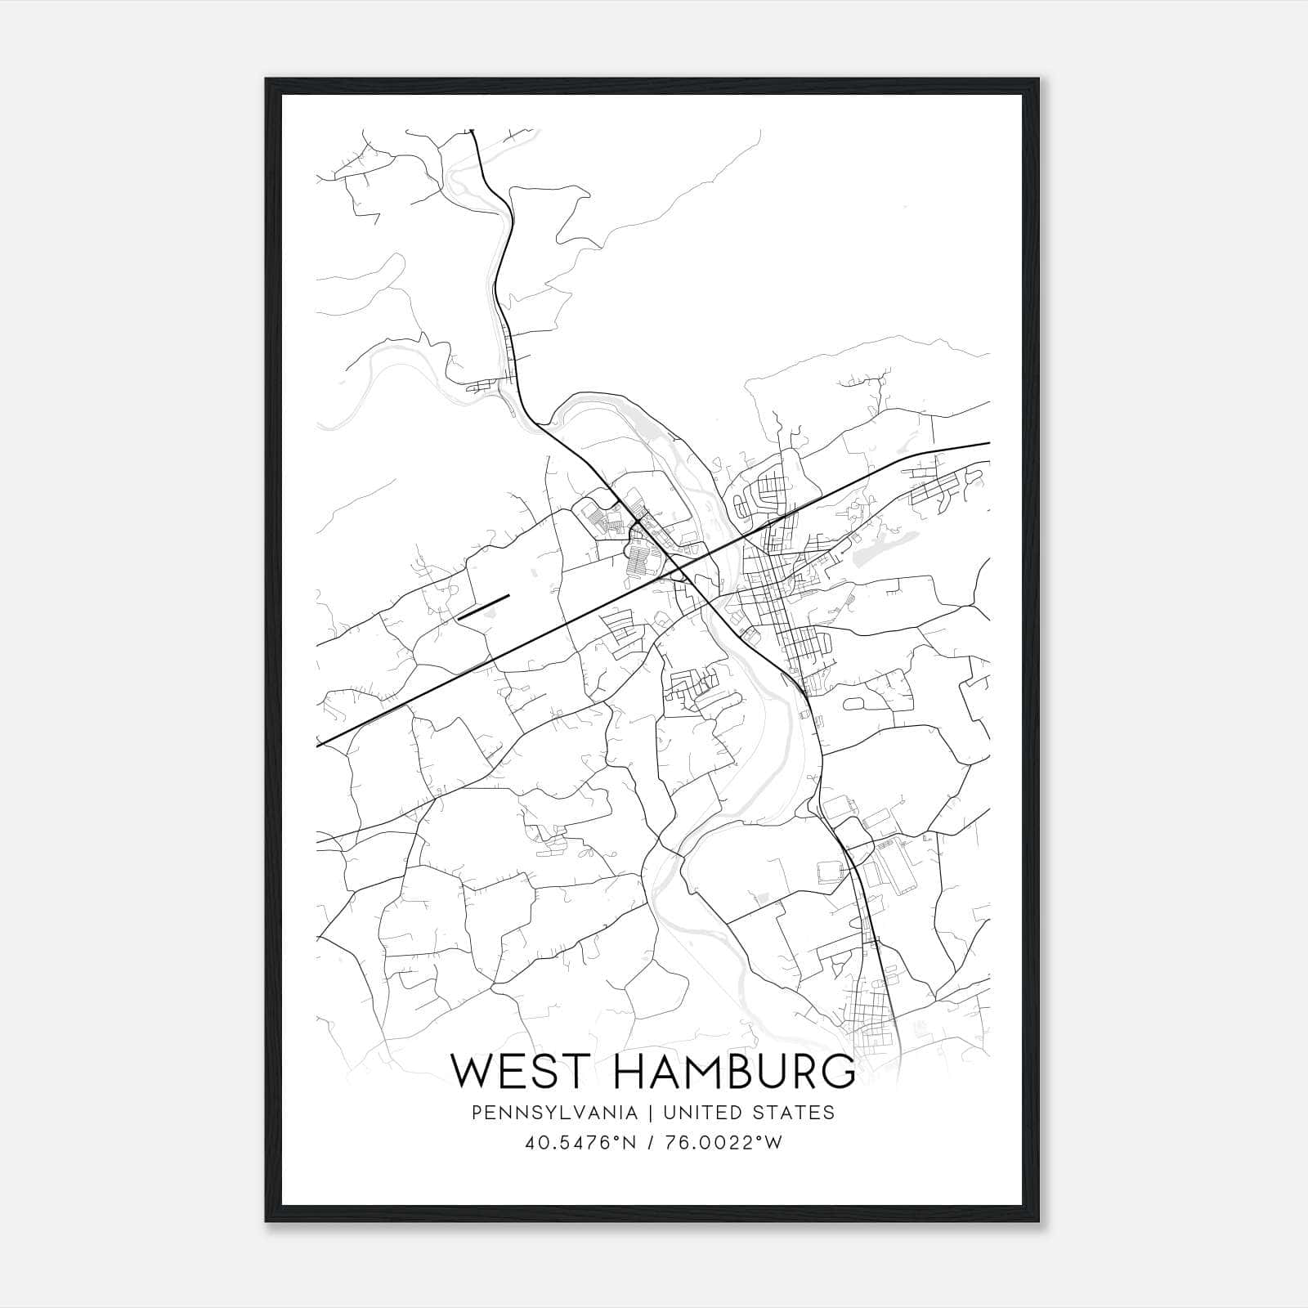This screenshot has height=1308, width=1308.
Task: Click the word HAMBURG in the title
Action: pos(734,1071)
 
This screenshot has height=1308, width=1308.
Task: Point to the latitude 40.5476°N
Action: pos(581,1142)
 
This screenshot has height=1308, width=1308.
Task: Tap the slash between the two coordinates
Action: pos(649,1142)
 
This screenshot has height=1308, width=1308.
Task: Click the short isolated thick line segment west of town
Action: pos(484,607)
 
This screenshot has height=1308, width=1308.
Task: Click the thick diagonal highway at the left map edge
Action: pos(320,743)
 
